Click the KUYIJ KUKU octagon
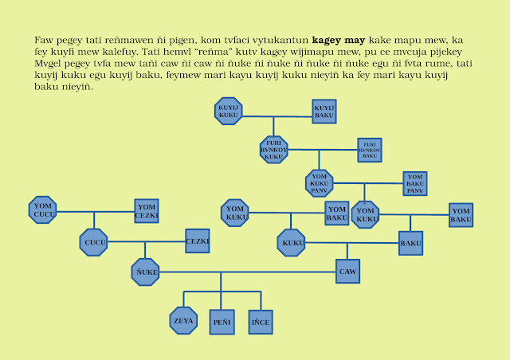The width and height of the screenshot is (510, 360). pos(229,111)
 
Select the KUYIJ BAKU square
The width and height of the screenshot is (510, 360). pos(324,111)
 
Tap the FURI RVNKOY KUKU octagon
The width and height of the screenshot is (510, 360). pos(273,149)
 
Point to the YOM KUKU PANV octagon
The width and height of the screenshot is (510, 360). pos(320,182)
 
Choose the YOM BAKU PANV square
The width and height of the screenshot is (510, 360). pos(414,183)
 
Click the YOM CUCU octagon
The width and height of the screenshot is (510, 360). pos(43,209)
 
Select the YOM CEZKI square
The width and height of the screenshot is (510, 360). pos(147,210)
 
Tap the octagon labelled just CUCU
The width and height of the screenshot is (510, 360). pos(94,241)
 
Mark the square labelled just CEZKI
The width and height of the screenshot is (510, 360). pos(197,241)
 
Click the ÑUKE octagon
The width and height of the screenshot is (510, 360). pos(145,272)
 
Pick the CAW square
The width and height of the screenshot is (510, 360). pos(347,272)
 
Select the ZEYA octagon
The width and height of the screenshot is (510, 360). pos(182,320)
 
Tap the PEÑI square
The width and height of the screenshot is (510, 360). pos(221,321)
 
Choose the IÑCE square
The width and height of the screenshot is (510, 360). pos(260,321)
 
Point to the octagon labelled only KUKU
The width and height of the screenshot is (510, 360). pos(292,241)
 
